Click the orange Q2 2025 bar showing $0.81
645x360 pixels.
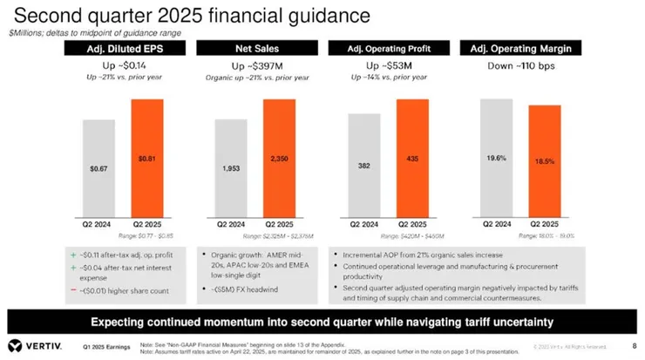tap(146, 160)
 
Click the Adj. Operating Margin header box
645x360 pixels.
tap(521, 48)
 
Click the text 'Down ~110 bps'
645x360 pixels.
tap(521, 65)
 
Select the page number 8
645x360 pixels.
tap(633, 345)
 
